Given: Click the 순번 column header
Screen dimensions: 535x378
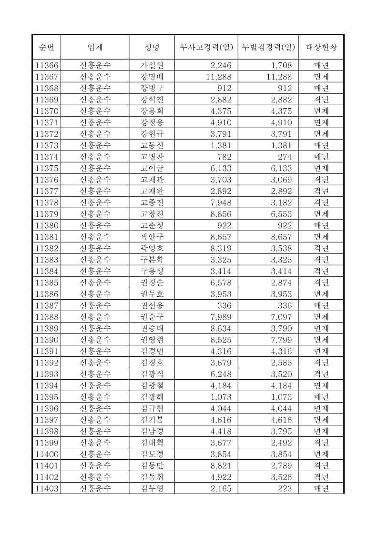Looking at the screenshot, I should (x=46, y=47).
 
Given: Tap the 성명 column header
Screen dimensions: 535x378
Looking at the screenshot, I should (x=152, y=47).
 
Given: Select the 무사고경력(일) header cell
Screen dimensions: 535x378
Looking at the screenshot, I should (x=206, y=47).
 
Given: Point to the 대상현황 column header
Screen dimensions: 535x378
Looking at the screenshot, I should (x=321, y=47).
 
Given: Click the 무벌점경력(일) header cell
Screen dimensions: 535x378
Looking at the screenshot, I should (x=268, y=47).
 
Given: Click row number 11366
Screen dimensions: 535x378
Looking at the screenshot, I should (x=47, y=65).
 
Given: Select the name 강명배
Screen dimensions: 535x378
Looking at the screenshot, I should (x=152, y=77).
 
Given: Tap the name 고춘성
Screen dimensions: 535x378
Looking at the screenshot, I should (x=152, y=225).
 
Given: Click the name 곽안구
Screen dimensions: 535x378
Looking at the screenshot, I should (x=152, y=237).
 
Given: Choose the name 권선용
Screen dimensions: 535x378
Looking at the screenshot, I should (x=152, y=305).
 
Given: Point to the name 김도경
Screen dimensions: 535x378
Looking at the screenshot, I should (x=152, y=454).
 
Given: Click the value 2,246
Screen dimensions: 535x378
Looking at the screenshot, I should (x=221, y=65).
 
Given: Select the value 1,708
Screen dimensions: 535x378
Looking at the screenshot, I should (x=281, y=65).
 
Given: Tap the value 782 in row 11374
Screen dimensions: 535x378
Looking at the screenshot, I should (x=224, y=157).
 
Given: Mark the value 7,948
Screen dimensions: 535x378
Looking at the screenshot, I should (x=221, y=202).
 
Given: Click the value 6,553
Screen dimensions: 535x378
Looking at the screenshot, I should (x=281, y=214).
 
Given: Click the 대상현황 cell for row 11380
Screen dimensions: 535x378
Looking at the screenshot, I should (x=321, y=225).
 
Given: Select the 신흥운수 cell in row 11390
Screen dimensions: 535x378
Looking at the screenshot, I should (x=95, y=340).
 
